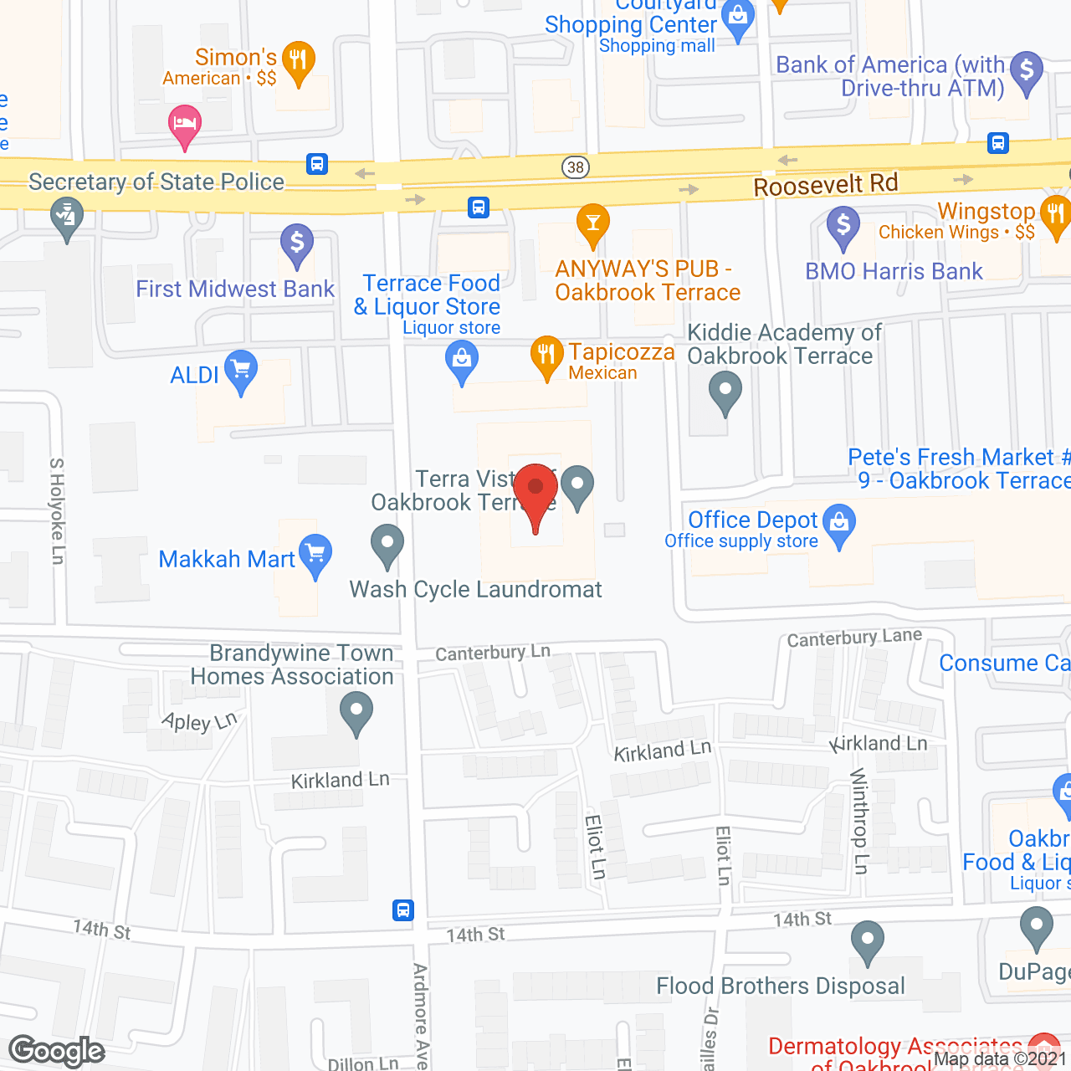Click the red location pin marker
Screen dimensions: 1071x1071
click(x=535, y=493)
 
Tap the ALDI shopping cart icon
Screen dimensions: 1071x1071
click(x=241, y=370)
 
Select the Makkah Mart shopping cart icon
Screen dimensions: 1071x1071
click(x=315, y=555)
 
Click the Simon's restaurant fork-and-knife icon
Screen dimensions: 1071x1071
click(x=298, y=61)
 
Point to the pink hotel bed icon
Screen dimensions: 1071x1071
click(x=185, y=126)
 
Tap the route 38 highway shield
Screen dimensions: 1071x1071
click(x=576, y=167)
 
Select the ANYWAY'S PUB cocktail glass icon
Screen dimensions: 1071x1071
click(x=593, y=223)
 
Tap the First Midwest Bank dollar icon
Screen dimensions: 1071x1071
click(x=296, y=243)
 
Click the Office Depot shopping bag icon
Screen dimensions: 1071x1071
click(x=839, y=524)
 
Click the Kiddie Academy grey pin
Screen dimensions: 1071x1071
click(x=725, y=391)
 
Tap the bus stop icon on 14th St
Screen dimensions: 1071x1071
click(x=403, y=910)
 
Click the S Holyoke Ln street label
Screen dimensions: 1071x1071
click(x=57, y=510)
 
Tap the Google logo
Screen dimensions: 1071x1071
click(x=57, y=1051)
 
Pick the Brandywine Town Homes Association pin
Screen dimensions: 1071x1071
click(x=356, y=714)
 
